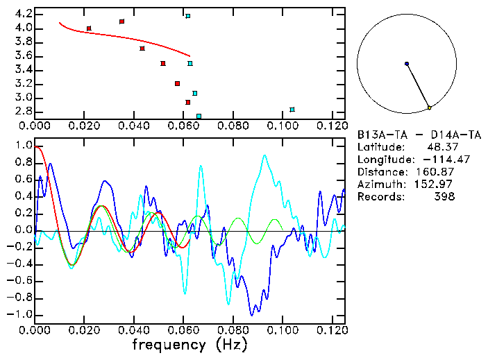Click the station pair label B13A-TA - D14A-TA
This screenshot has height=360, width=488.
[x=414, y=135]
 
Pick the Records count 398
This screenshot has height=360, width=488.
[x=445, y=197]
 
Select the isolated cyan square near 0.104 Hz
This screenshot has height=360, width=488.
[x=292, y=110]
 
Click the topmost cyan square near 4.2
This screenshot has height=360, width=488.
[x=187, y=16]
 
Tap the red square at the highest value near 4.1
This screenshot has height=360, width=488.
[x=122, y=22]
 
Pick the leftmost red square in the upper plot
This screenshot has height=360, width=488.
[x=89, y=28]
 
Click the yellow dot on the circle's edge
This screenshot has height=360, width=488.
[x=430, y=108]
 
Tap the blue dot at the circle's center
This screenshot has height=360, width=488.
[x=407, y=64]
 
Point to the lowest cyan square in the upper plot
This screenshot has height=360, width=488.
[x=199, y=116]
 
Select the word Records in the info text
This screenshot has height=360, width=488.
[x=379, y=197]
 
